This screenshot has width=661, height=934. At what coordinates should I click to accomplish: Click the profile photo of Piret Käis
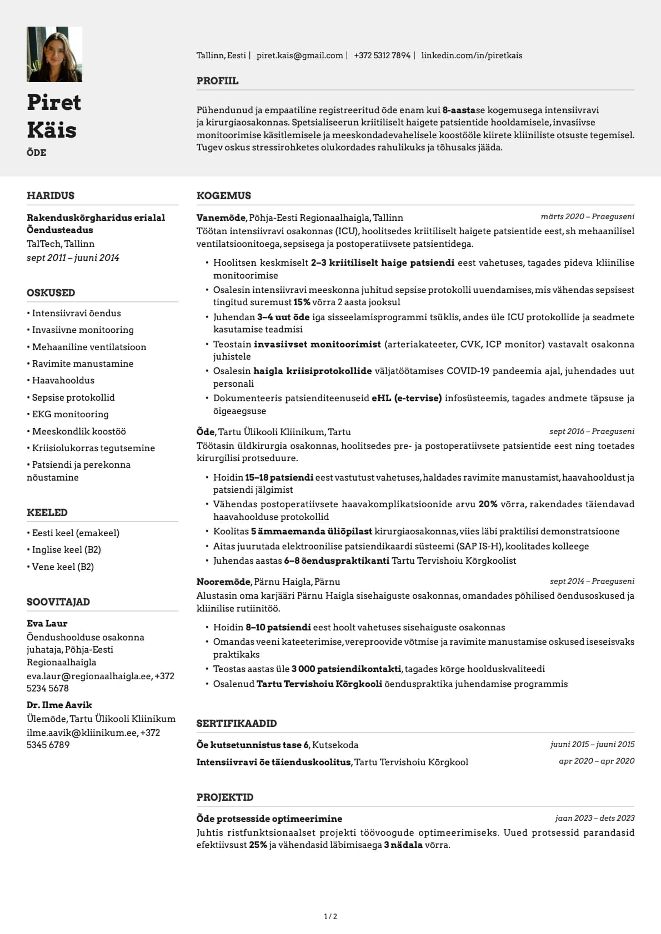[x=54, y=54]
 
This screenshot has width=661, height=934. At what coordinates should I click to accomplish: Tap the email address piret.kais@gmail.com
[x=299, y=55]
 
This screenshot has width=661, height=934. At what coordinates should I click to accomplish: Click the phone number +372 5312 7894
[x=382, y=55]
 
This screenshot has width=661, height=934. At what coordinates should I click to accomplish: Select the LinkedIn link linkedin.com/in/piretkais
[x=472, y=55]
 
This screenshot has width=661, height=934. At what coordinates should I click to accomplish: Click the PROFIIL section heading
[x=217, y=81]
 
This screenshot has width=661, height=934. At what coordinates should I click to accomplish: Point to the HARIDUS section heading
[x=51, y=196]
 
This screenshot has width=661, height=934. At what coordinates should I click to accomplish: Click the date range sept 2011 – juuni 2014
[x=73, y=258]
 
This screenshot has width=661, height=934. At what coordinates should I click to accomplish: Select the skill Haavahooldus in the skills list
[x=63, y=380]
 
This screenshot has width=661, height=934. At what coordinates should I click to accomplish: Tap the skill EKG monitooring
[x=70, y=414]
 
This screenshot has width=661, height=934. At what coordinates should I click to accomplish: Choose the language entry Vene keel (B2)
[x=63, y=567]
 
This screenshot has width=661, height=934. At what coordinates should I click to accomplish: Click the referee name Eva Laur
[x=47, y=623]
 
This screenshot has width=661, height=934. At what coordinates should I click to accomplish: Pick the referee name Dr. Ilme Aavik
[x=59, y=705]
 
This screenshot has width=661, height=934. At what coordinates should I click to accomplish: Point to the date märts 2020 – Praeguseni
[x=587, y=216]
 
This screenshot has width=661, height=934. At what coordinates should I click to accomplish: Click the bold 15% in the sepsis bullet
[x=302, y=302]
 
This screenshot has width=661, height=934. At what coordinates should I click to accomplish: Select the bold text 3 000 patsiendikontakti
[x=347, y=669]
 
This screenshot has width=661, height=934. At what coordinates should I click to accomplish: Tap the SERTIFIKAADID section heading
[x=237, y=724]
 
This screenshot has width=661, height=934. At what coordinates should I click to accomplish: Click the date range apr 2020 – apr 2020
[x=596, y=761]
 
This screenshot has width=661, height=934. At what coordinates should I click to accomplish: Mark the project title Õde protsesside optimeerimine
[x=269, y=819]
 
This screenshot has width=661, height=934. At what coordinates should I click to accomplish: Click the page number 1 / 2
[x=330, y=916]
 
